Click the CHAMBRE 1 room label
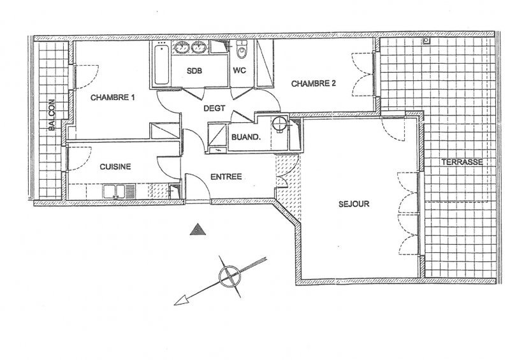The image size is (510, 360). [x=112, y=97]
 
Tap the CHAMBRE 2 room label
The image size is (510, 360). [x=313, y=83]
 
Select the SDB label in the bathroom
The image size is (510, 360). [x=194, y=71]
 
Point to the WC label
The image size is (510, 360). [x=240, y=71]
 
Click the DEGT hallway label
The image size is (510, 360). [x=214, y=108]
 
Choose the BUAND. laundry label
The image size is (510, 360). [x=246, y=137]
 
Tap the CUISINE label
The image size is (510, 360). [x=115, y=167]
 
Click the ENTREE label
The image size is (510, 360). [x=226, y=176]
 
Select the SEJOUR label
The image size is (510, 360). [x=354, y=205]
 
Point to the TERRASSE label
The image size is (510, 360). [x=462, y=162]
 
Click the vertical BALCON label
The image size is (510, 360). [x=52, y=115]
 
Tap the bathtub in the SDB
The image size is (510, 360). [x=161, y=65]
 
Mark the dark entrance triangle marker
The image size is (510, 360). [x=198, y=229]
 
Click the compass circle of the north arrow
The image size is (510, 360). [x=229, y=276]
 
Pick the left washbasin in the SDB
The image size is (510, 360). [x=182, y=48]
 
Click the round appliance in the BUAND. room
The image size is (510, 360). [x=279, y=124]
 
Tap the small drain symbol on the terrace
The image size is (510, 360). [x=426, y=41]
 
